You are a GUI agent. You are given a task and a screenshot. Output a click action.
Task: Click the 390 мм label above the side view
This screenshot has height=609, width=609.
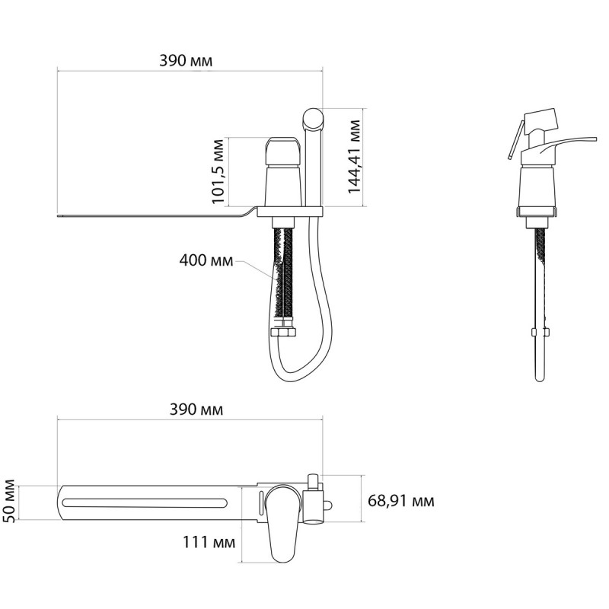tap(186, 61)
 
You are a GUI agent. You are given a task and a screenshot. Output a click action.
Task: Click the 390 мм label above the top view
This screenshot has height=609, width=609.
tap(196, 410)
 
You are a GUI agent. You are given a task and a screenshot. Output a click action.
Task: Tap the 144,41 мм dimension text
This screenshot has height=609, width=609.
tap(354, 157)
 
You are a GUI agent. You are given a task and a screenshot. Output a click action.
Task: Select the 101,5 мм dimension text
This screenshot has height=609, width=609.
tap(218, 171)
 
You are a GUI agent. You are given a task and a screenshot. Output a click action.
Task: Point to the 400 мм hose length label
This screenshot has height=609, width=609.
tap(206, 260)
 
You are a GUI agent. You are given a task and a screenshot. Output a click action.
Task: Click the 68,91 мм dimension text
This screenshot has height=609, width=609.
tap(401, 501)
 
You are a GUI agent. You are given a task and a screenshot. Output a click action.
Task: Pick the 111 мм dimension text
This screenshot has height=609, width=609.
tap(209, 542)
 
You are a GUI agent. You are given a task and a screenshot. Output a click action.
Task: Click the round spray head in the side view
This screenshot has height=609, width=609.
tap(313, 119)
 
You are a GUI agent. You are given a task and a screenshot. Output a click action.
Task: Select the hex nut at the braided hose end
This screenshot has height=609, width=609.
tap(284, 333)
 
